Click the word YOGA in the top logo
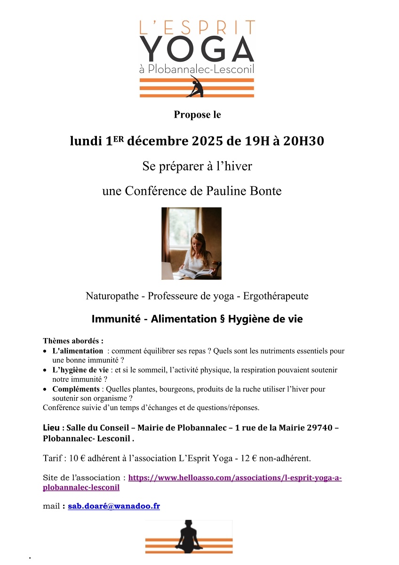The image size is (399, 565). [x=197, y=48]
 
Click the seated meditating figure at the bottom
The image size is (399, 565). [x=189, y=536]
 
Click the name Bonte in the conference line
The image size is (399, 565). [x=268, y=192]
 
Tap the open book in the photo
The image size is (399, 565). [x=195, y=272]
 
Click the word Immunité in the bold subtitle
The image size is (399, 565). [x=116, y=319]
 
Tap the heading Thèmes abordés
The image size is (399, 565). [x=73, y=341]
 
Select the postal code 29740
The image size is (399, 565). [x=320, y=428]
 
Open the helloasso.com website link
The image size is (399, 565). [x=235, y=478]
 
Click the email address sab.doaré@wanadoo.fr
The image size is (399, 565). [x=114, y=506]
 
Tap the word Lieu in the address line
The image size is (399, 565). [x=51, y=428]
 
